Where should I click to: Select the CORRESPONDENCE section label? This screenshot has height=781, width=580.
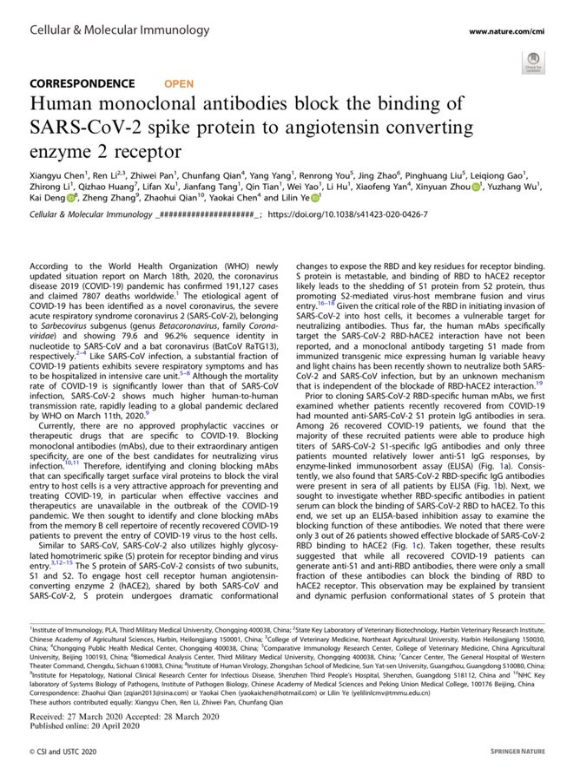pyautogui.click(x=82, y=83)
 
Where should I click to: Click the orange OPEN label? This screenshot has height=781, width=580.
pyautogui.click(x=179, y=83)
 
